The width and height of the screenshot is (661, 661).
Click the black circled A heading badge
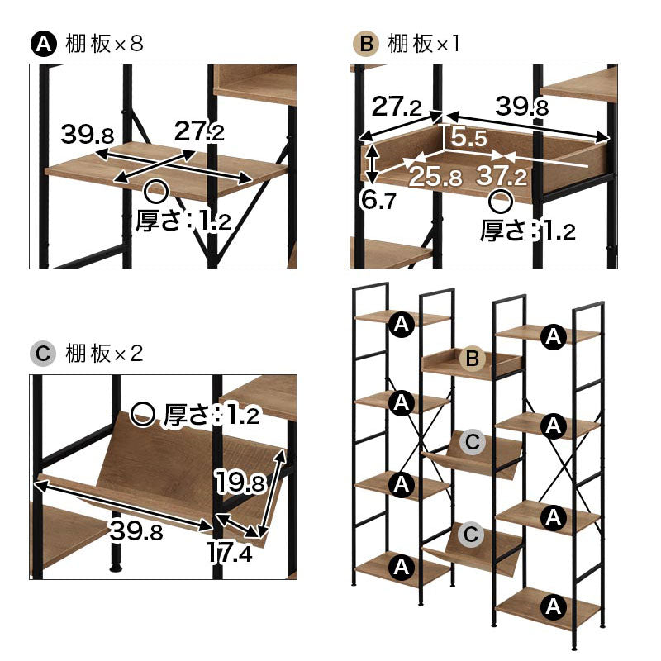tap(44, 44)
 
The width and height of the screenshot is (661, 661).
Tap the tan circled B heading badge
tap(366, 44)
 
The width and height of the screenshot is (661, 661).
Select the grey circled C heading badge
tap(44, 354)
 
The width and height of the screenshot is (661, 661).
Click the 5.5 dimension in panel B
tap(468, 137)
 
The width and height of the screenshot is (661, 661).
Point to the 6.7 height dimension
tap(378, 200)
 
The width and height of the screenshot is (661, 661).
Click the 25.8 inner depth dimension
tap(435, 176)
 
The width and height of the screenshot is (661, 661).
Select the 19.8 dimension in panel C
tap(240, 481)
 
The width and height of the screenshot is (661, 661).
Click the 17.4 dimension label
tap(230, 552)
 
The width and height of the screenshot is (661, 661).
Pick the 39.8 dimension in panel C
tap(136, 530)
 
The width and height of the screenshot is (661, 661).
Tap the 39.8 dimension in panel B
tap(522, 106)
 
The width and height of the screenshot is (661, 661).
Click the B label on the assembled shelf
tap(472, 359)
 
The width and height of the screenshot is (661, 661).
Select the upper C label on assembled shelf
tap(472, 442)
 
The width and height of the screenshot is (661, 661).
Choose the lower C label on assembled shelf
tap(471, 535)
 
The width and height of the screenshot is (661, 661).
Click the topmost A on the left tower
tap(402, 324)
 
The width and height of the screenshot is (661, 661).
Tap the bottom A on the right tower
tap(553, 606)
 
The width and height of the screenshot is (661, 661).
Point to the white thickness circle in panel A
tap(156, 192)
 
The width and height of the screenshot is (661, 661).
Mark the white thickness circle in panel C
tap(142, 415)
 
